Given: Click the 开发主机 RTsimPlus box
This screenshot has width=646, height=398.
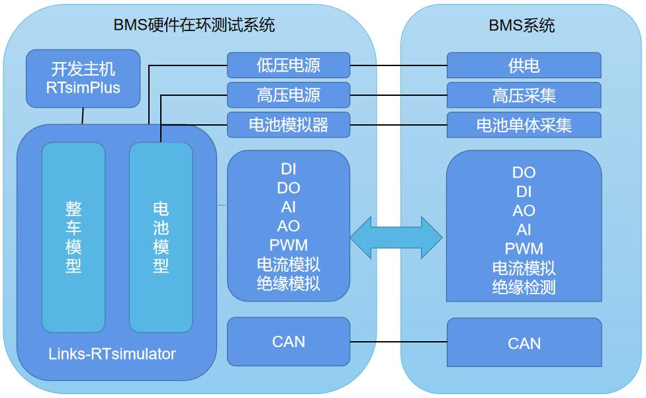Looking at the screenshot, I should [83, 78].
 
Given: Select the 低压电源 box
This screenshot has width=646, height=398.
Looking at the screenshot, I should [288, 65].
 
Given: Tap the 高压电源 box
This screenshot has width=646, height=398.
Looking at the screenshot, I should [288, 95].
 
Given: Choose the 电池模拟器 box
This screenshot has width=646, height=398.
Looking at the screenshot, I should [288, 124].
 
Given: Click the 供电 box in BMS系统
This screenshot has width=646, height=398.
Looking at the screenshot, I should [524, 66].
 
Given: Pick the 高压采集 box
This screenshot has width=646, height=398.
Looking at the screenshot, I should [524, 96].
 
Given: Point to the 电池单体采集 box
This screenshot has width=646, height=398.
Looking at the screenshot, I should [524, 125].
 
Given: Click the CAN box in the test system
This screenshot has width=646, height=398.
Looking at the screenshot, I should [288, 342].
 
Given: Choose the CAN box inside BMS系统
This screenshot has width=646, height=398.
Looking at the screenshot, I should [524, 343].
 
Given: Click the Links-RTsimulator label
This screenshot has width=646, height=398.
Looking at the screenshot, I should [112, 354].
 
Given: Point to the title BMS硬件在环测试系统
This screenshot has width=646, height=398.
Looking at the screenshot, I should [194, 26].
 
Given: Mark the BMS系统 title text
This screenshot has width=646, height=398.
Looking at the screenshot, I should [522, 26].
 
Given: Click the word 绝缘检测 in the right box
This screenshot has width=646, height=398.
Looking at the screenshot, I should [524, 287].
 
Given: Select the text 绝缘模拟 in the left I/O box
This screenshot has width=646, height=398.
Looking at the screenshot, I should [288, 284].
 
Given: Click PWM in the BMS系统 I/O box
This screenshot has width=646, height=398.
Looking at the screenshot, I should [524, 249].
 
